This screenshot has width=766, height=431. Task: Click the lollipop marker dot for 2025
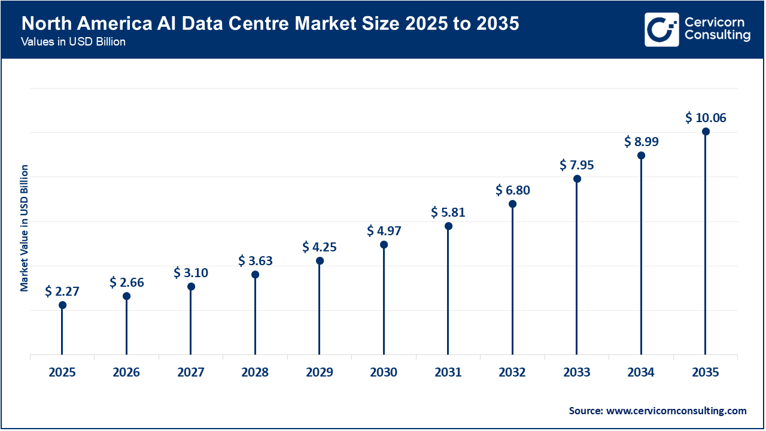click(62, 305)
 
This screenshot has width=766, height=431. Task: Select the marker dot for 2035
click(706, 132)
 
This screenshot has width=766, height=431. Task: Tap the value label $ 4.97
click(384, 230)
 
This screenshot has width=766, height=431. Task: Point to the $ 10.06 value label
click(706, 118)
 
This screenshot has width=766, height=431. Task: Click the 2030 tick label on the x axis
click(384, 372)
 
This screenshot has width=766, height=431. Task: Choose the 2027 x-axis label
click(191, 372)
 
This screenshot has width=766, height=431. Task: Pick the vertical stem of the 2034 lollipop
click(642, 257)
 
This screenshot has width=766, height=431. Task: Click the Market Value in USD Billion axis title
click(25, 228)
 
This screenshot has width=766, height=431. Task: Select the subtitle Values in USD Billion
click(73, 43)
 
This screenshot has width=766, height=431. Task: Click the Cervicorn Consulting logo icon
click(662, 29)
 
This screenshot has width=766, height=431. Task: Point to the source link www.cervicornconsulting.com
click(676, 411)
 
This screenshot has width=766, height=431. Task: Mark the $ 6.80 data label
click(513, 190)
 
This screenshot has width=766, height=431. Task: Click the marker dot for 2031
click(448, 226)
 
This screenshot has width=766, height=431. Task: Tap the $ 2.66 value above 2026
click(127, 283)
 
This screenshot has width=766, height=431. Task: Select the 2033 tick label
click(577, 372)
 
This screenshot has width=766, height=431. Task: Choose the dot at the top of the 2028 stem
click(255, 275)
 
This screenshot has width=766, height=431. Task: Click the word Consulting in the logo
click(718, 36)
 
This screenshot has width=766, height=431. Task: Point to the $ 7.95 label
click(577, 165)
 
